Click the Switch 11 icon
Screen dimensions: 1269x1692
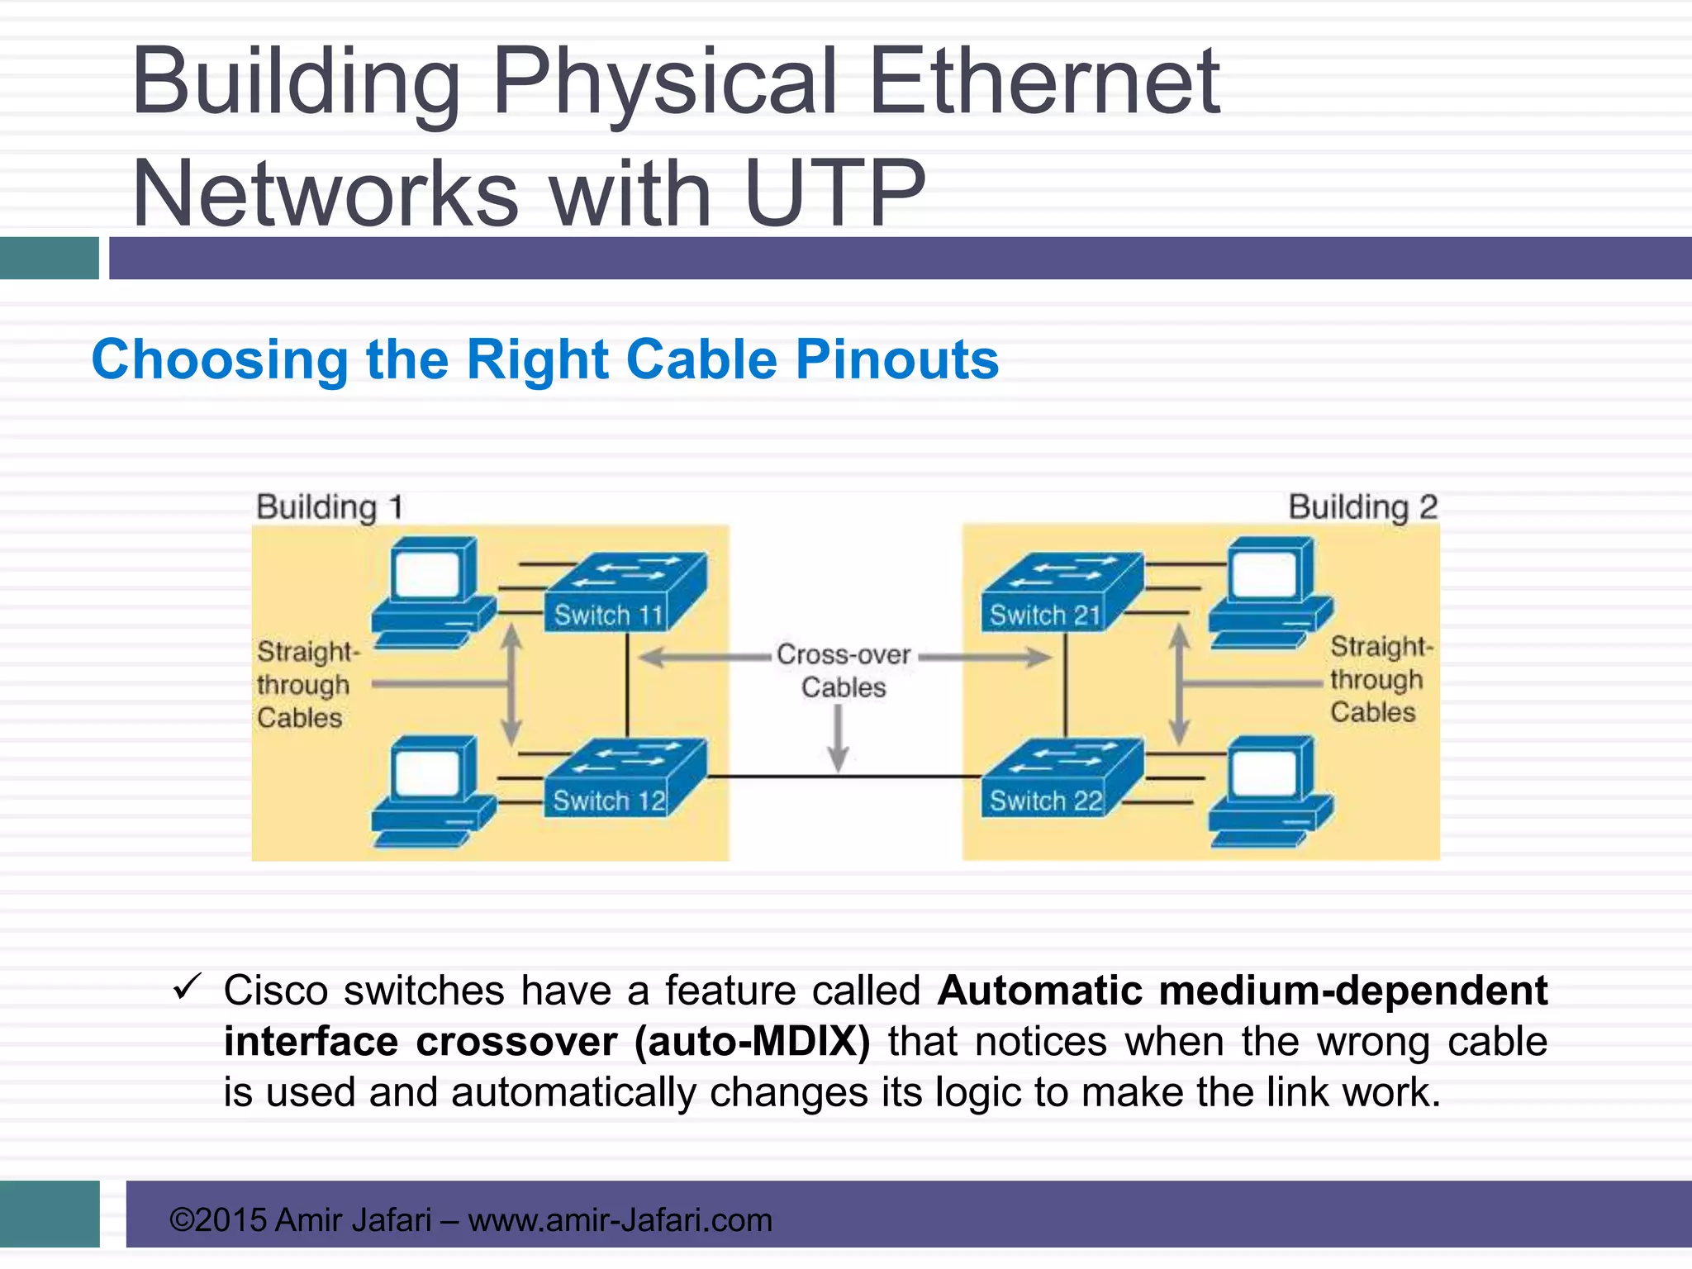click(624, 593)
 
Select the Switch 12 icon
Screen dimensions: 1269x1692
click(624, 779)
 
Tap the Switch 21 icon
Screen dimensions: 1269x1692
click(1062, 593)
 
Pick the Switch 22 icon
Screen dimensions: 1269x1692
click(1062, 779)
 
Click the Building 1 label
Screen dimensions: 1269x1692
click(330, 506)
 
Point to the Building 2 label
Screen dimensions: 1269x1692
click(1363, 506)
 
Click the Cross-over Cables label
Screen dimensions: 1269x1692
click(844, 671)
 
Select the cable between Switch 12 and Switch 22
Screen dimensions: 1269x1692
click(843, 777)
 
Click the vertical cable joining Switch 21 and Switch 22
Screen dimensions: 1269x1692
click(1066, 686)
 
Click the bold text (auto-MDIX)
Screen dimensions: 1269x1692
click(752, 1041)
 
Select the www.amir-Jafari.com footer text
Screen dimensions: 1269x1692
click(620, 1219)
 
